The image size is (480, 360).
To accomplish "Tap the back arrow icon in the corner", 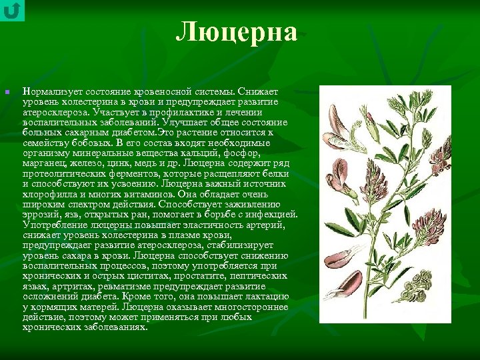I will click(12, 11).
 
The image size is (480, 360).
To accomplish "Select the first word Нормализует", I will click(51, 91).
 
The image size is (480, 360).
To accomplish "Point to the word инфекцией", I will click(269, 214).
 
